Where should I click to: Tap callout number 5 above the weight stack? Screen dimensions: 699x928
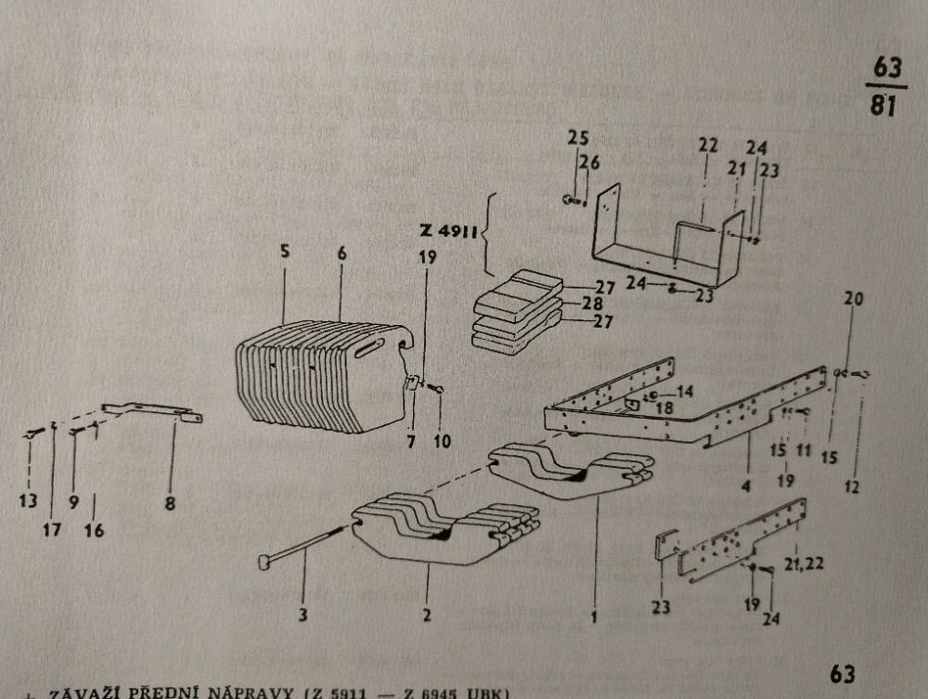point(286,251)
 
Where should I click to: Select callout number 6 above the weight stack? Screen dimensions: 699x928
point(341,252)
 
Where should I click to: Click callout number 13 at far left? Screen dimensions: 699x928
point(29,502)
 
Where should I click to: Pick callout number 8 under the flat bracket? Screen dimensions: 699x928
point(170,504)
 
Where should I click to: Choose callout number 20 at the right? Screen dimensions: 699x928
point(854,299)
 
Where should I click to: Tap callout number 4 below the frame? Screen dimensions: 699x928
point(747,485)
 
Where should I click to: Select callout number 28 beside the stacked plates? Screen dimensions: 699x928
point(606,304)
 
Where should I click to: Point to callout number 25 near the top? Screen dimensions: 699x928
point(578,138)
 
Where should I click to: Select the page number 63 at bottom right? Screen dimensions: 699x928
point(842,673)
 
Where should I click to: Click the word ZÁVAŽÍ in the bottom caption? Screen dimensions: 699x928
point(84,693)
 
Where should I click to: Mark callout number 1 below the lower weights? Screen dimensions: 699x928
point(593,614)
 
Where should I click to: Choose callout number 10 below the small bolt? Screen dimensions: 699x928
point(443,442)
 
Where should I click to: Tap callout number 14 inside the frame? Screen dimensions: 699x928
point(685,392)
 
